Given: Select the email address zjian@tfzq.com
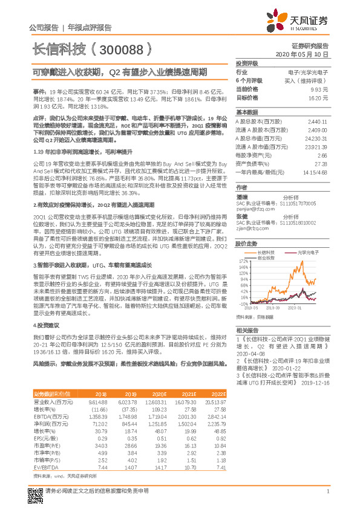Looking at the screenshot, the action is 250,229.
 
